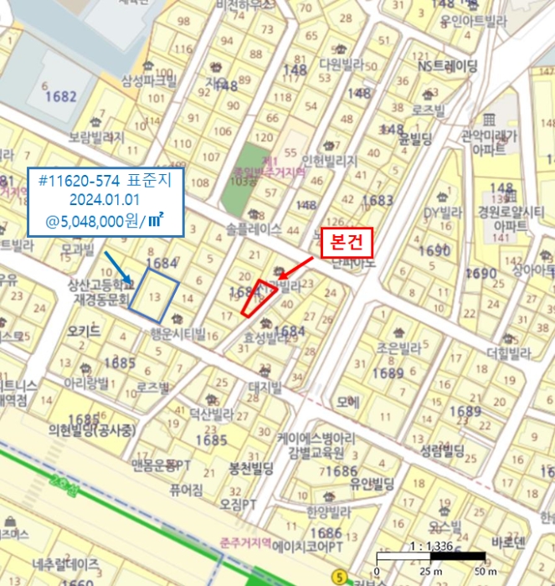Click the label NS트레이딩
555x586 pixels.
448,66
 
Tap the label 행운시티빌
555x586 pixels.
178,333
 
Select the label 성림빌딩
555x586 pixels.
442,452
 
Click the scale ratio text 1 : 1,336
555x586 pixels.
430,547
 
